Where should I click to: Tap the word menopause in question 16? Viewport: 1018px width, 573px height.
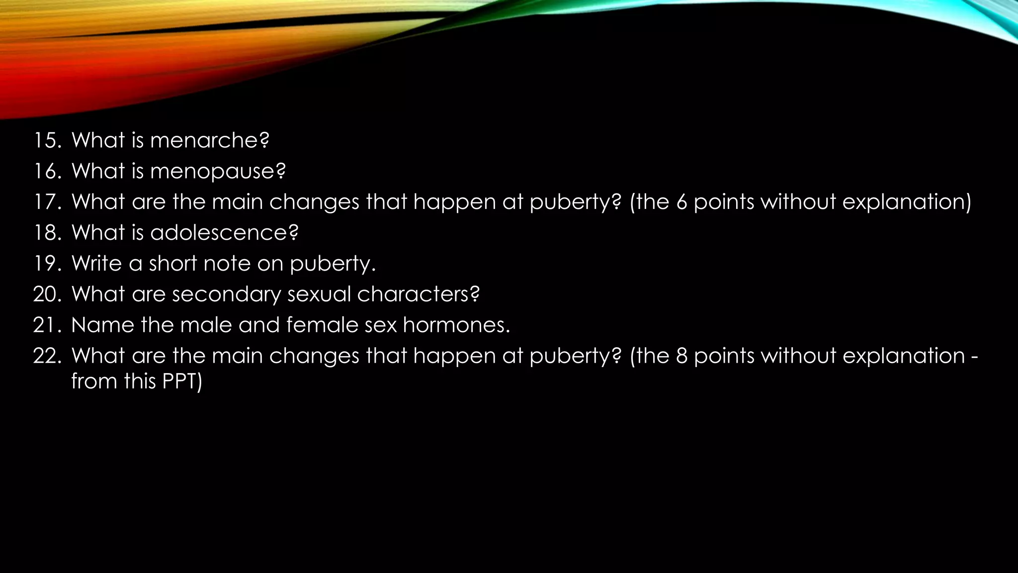click(x=213, y=172)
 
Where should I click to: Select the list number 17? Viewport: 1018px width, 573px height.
click(x=47, y=202)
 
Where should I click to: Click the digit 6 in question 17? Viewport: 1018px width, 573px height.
click(x=682, y=202)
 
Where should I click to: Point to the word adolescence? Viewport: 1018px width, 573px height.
click(x=219, y=233)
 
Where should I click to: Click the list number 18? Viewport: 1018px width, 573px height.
click(x=47, y=233)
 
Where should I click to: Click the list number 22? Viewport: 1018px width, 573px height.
click(x=47, y=356)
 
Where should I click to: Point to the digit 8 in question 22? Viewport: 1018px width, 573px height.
click(x=682, y=356)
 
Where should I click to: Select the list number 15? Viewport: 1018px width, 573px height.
click(x=47, y=141)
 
